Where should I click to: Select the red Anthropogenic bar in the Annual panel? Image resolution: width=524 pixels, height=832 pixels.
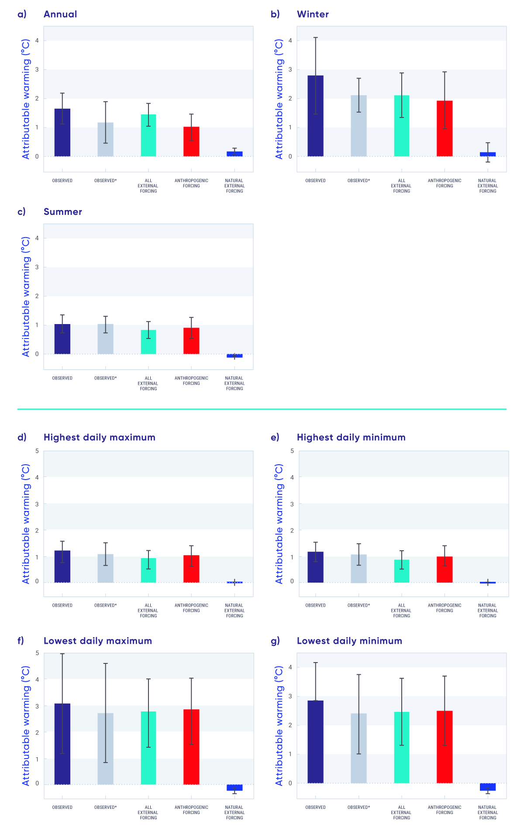(x=191, y=142)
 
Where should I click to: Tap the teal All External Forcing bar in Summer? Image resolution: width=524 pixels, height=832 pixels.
(x=148, y=342)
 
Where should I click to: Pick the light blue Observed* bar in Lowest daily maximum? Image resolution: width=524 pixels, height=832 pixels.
(x=105, y=749)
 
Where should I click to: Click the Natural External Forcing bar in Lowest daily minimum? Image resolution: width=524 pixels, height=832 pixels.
(x=488, y=787)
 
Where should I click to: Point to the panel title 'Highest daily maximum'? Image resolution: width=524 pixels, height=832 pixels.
(x=100, y=438)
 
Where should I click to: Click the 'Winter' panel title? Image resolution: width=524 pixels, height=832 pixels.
(x=313, y=14)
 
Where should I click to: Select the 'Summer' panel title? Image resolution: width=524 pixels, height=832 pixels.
(x=63, y=212)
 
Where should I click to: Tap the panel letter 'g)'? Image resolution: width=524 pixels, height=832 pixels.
(x=275, y=641)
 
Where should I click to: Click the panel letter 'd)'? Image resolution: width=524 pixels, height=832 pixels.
(x=22, y=437)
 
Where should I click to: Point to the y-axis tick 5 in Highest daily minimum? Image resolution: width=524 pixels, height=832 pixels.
(x=292, y=451)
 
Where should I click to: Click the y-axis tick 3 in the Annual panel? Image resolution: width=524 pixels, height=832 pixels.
(x=37, y=69)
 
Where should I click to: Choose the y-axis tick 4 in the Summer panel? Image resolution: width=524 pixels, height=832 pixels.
(x=37, y=238)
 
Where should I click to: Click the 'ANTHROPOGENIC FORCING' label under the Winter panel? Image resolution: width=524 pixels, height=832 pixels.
(x=445, y=183)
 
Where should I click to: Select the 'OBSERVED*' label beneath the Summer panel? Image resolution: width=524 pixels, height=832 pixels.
(x=105, y=378)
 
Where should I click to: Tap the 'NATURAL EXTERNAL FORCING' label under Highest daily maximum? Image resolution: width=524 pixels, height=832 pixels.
(x=234, y=611)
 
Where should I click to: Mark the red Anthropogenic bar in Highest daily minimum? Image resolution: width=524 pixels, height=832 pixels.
(x=445, y=570)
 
